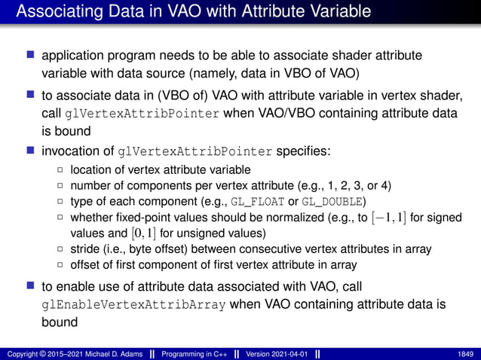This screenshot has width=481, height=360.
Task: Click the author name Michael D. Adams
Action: click(102, 354)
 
